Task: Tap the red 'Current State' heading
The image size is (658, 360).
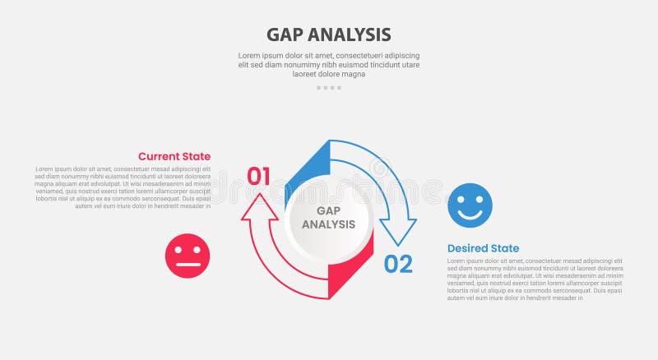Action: (174, 156)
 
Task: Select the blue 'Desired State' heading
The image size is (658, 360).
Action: (483, 248)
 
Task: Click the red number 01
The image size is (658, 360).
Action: (258, 176)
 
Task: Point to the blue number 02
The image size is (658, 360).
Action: (398, 264)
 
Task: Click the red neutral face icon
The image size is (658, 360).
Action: (188, 256)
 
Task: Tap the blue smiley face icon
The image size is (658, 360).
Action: (470, 205)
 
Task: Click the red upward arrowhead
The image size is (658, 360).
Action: (258, 206)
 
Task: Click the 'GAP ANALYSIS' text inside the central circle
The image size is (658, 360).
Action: (328, 217)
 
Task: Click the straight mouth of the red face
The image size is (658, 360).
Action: (188, 265)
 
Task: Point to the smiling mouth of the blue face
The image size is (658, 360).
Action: (470, 215)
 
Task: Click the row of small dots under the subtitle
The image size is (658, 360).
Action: (328, 87)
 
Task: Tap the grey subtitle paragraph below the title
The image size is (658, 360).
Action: (328, 64)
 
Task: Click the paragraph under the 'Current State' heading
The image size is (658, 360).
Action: (123, 187)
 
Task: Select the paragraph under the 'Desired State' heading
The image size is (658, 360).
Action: (535, 279)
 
